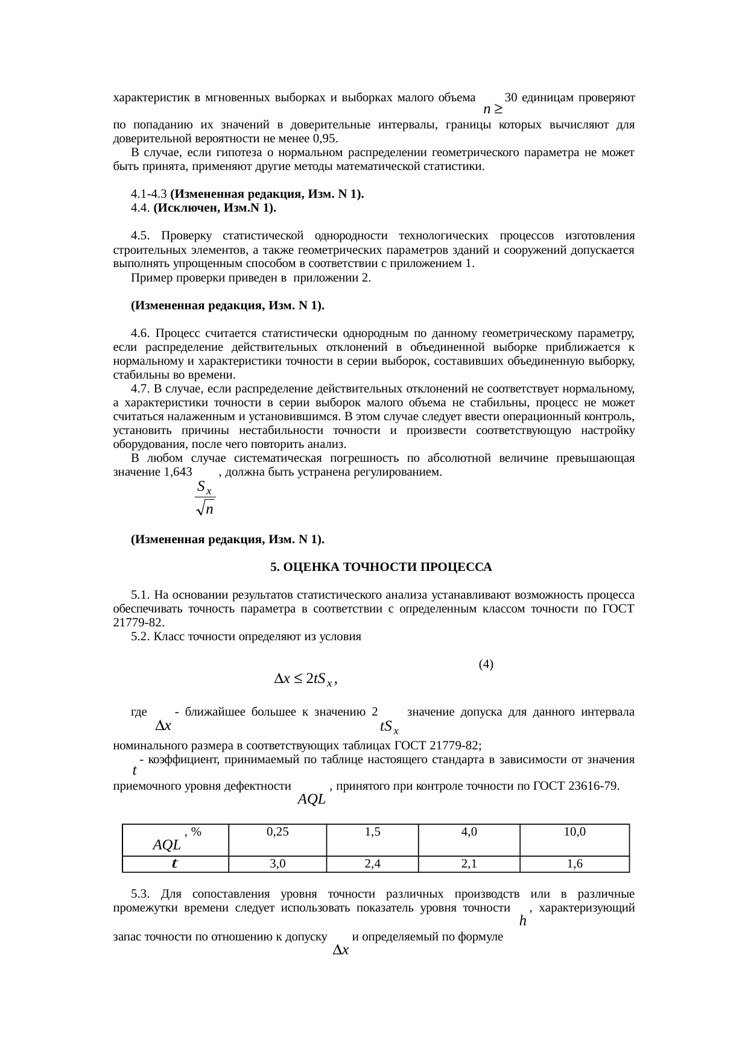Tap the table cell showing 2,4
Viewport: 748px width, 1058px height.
(x=372, y=864)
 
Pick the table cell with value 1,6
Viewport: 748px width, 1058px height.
(x=574, y=864)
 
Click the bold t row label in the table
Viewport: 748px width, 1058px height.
(x=174, y=864)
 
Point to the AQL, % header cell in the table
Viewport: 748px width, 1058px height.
(x=175, y=839)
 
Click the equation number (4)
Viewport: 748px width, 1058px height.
(x=486, y=664)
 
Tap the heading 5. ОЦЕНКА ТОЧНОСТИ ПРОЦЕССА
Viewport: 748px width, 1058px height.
(x=381, y=567)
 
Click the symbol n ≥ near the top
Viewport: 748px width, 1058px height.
(x=493, y=110)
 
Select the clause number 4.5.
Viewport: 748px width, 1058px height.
(x=140, y=235)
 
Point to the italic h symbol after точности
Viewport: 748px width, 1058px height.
(x=522, y=921)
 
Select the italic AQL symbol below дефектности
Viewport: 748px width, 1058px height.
(x=312, y=800)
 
